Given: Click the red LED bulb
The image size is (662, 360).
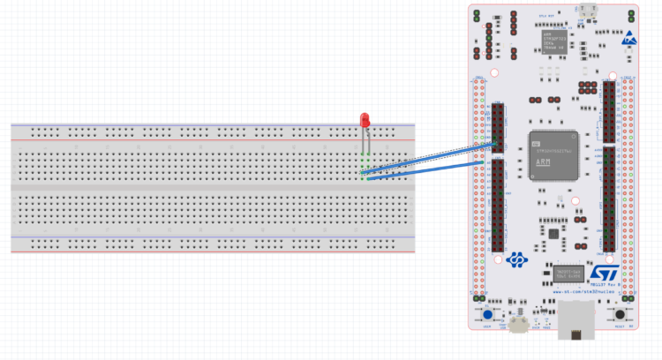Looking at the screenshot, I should coord(364,120).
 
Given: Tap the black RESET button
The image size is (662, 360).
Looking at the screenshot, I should coord(621,314).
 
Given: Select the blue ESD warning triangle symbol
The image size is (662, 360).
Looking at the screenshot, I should coord(629,39).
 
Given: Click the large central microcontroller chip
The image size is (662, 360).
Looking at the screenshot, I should coord(553,155).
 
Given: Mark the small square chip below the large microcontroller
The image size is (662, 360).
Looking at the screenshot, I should coord(553,234).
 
